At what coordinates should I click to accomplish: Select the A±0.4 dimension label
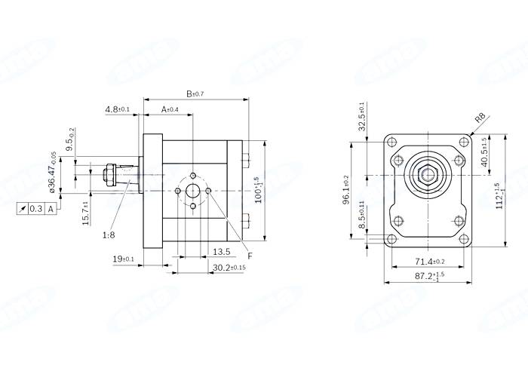(170, 110)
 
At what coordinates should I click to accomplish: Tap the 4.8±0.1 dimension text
(118, 110)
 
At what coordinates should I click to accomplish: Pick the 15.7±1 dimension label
(86, 213)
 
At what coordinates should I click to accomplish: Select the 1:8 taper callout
(109, 235)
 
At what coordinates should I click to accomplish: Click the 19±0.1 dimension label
(122, 260)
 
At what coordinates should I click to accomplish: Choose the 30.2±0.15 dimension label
(227, 268)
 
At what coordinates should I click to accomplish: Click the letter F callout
(250, 257)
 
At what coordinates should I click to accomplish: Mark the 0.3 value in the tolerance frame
(35, 209)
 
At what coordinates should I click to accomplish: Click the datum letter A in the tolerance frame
(51, 209)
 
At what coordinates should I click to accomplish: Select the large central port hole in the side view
(193, 191)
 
